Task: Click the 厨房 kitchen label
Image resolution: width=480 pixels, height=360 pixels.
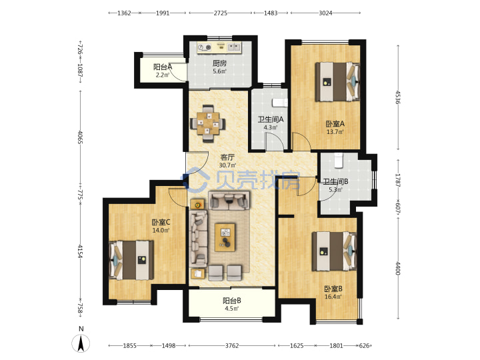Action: [219, 63]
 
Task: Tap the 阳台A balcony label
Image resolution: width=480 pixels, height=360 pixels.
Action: [163, 67]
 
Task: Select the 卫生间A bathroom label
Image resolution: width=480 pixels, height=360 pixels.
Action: [270, 119]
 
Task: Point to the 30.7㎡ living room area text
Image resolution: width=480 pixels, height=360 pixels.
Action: [227, 165]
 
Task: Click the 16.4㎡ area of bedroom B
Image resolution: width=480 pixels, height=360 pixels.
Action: [333, 297]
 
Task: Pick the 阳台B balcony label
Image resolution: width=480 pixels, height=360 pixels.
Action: [232, 301]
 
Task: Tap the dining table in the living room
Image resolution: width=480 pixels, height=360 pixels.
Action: [208, 124]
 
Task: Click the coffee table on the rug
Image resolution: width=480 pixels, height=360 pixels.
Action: [225, 237]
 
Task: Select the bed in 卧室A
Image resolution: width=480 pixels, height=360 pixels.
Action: [337, 82]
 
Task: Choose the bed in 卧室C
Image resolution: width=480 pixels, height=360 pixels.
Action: [131, 260]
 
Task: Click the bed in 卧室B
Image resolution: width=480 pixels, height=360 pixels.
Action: [334, 251]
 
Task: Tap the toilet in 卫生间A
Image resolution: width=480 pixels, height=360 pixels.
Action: [280, 102]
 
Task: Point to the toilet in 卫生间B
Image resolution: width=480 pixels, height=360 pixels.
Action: [338, 161]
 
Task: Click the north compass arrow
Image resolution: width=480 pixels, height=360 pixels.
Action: [81, 343]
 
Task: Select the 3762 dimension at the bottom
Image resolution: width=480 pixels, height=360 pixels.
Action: [232, 345]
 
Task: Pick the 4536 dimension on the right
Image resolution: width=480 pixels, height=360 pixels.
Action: [397, 97]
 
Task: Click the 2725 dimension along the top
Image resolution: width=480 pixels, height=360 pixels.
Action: [221, 13]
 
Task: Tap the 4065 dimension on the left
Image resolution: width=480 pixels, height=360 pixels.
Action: [80, 137]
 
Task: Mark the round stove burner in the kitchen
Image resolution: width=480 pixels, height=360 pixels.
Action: [208, 47]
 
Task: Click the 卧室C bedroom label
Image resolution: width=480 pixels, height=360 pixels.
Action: [161, 222]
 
